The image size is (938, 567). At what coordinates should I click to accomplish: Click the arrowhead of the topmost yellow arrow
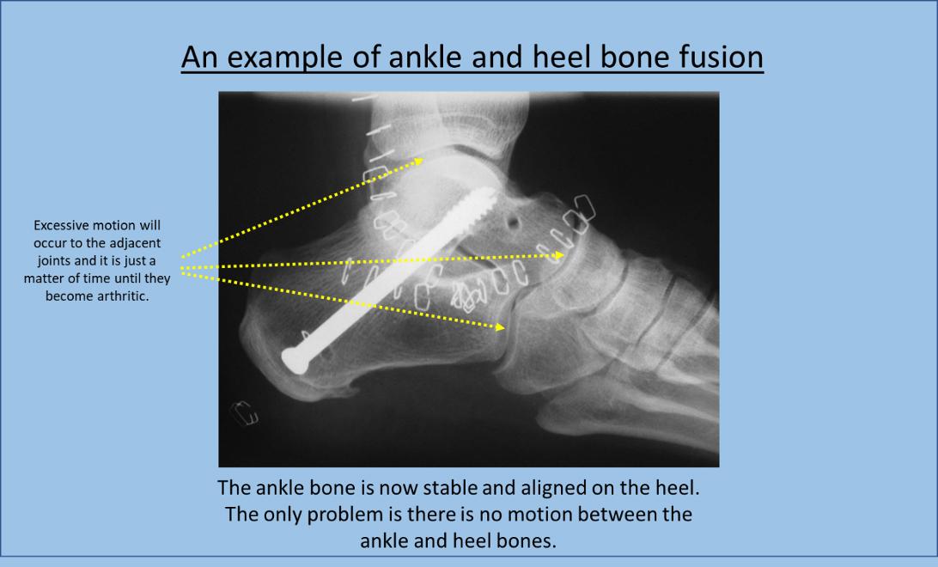[419, 161]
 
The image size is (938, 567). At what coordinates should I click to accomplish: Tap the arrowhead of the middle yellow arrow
[558, 255]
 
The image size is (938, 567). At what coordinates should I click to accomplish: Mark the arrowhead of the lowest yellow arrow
[501, 326]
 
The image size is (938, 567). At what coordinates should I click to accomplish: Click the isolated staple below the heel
[245, 412]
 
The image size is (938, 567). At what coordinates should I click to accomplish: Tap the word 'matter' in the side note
[43, 278]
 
